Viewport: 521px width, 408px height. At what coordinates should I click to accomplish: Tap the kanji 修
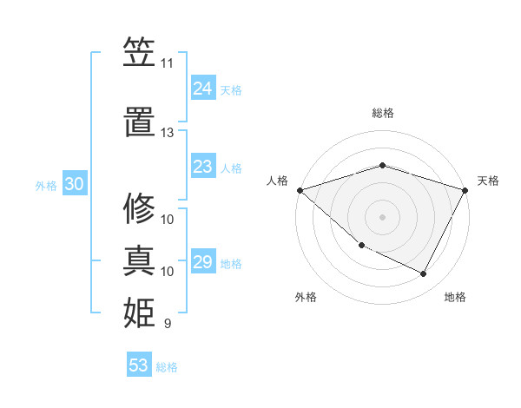139,207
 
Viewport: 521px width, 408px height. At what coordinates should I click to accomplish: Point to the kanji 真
139,261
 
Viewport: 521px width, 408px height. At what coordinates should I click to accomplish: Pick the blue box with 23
202,167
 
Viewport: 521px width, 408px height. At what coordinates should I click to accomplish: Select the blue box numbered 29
202,262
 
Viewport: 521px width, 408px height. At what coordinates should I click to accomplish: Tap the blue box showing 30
74,185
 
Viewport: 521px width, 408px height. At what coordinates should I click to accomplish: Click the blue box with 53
138,365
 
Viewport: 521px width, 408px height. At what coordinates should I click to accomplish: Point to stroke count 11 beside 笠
167,63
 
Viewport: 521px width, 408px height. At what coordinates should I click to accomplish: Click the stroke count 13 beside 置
167,133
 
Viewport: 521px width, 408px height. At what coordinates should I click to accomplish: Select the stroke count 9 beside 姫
167,324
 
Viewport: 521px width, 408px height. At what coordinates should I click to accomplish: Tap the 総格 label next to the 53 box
167,367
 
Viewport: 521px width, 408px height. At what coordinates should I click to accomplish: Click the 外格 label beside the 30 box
46,186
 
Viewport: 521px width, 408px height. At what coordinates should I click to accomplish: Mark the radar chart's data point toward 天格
465,189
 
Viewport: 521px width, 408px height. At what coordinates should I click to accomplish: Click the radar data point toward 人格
300,189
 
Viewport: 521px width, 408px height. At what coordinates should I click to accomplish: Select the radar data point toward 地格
424,274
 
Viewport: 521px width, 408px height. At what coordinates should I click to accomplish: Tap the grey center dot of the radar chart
382,216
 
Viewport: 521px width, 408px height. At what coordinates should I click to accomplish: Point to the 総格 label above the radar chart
383,113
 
